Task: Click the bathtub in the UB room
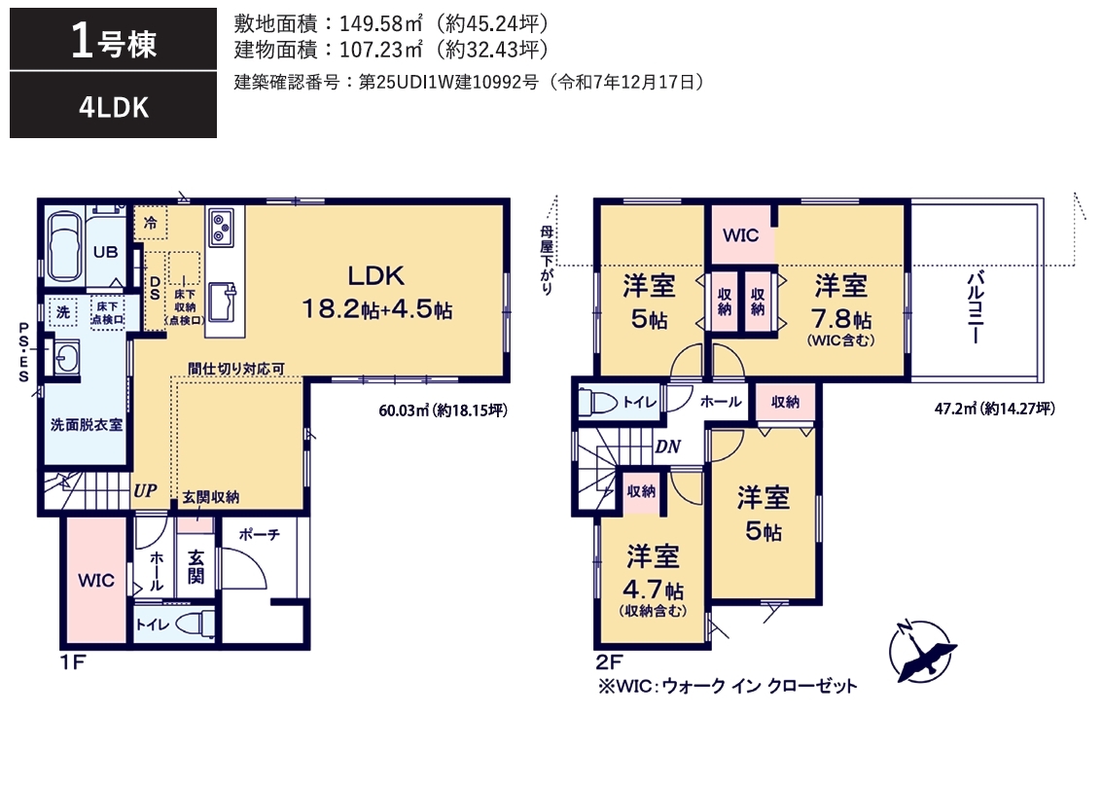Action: coord(65,246)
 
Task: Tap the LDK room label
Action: coord(376,275)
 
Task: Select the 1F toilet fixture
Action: coord(194,623)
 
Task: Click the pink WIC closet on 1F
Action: coord(96,581)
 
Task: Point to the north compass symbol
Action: coord(922,651)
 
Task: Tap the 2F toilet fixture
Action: coord(597,403)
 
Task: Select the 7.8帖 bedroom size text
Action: coord(840,320)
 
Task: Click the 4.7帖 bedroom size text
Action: coord(653,589)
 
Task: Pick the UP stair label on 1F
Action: coord(145,490)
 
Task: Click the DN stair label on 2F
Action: coord(667,447)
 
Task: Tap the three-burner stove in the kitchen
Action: coord(221,227)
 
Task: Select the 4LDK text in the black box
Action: coord(113,108)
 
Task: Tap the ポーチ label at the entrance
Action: coord(260,534)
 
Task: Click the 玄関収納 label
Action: coord(211,497)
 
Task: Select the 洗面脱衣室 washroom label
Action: coord(87,425)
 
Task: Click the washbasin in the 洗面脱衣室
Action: coord(64,356)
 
